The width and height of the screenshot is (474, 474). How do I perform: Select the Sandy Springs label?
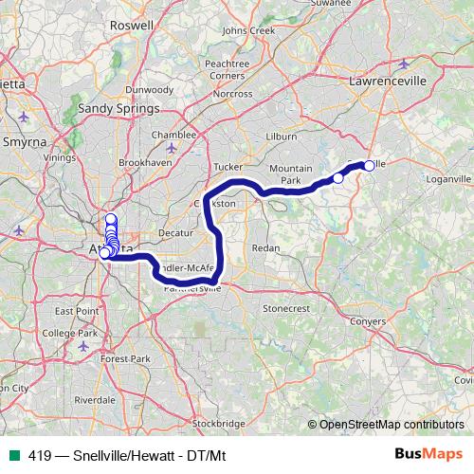117,109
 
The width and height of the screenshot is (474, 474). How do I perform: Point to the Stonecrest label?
286,308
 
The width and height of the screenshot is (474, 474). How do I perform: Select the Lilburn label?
283,137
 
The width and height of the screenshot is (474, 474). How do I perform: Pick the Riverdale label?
95,400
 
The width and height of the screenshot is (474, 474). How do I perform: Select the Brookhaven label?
143,163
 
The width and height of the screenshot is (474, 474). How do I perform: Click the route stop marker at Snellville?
369,165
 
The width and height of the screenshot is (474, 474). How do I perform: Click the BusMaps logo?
428,453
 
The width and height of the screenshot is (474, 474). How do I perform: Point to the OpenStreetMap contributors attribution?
389,424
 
